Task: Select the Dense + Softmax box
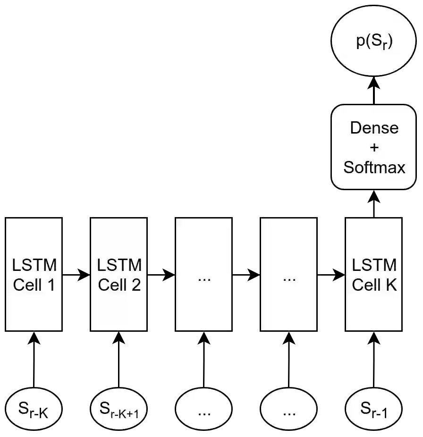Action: pyautogui.click(x=374, y=147)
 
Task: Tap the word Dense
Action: pyautogui.click(x=374, y=128)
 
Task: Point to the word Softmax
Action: pyautogui.click(x=374, y=167)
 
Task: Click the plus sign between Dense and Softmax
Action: pyautogui.click(x=374, y=148)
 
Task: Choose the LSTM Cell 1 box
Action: pyautogui.click(x=34, y=274)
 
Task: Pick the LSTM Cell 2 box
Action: pyautogui.click(x=119, y=274)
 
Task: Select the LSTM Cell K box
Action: pyautogui.click(x=374, y=274)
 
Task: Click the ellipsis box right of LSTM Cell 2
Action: pyautogui.click(x=203, y=274)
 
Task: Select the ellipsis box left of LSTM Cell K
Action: pyautogui.click(x=288, y=274)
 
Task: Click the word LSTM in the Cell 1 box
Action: pyautogui.click(x=34, y=265)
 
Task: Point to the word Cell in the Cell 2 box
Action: pyautogui.click(x=111, y=285)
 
